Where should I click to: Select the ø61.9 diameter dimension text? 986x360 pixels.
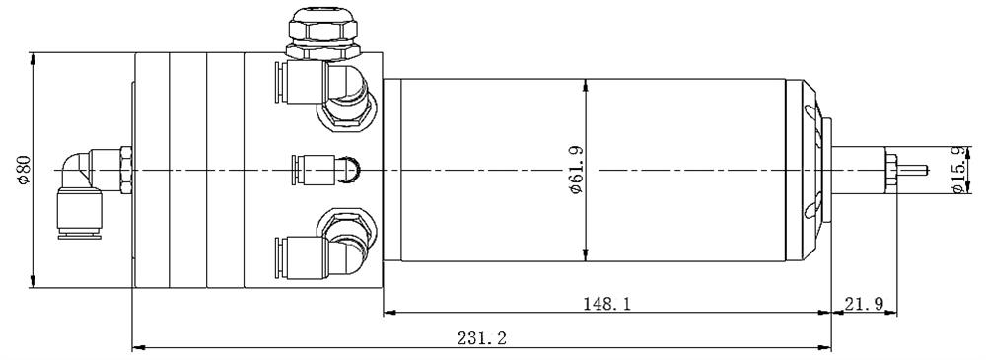pyautogui.click(x=576, y=170)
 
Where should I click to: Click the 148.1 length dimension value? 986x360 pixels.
pyautogui.click(x=606, y=304)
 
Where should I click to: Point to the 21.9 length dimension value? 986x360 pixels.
pyautogui.click(x=863, y=304)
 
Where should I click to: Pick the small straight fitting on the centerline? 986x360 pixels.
pyautogui.click(x=325, y=169)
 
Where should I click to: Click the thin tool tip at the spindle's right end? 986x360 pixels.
pyautogui.click(x=916, y=169)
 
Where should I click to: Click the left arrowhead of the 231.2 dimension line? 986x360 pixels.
pyautogui.click(x=137, y=347)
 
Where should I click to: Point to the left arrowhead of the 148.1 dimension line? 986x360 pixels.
pyautogui.click(x=387, y=313)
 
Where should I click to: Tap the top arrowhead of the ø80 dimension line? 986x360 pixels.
pyautogui.click(x=35, y=57)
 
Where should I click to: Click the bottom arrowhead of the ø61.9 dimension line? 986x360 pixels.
pyautogui.click(x=586, y=257)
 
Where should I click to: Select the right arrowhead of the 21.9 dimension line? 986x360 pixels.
pyautogui.click(x=891, y=313)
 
